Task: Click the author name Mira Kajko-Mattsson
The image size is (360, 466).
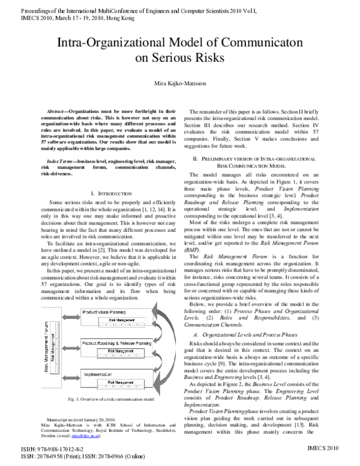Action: coord(180,83)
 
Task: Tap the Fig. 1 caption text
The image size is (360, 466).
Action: coord(107,399)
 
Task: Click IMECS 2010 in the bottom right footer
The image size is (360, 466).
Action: coord(331,448)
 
